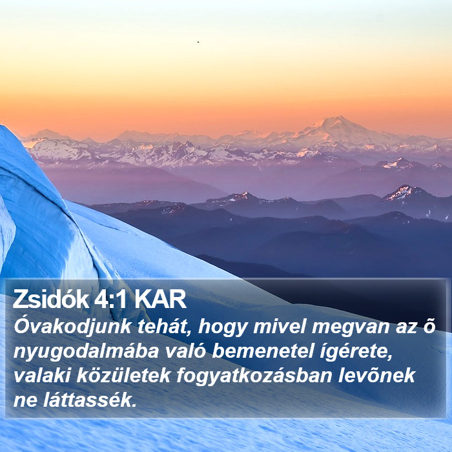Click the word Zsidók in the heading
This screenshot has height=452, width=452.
point(51,299)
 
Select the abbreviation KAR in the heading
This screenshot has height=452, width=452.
point(160,299)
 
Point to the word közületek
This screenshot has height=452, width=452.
point(123,375)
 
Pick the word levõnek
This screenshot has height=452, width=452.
point(376,375)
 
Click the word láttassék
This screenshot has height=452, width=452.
point(90,400)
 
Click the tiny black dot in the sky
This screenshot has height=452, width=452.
point(198,42)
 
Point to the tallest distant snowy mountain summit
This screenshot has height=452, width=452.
point(338,118)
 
